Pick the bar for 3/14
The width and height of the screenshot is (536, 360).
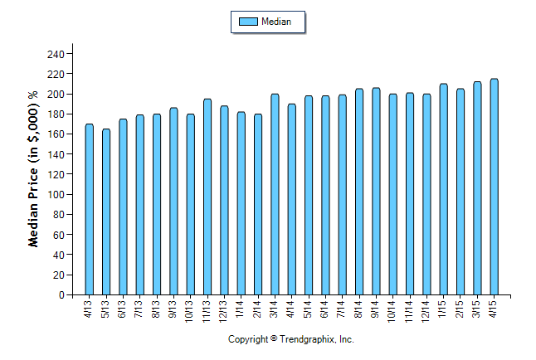[x=275, y=194]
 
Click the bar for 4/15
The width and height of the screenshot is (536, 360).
[x=494, y=187]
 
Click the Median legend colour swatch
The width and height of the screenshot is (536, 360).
[x=247, y=22]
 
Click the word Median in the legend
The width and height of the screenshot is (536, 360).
[x=276, y=22]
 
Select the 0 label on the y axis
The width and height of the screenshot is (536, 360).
[x=61, y=295]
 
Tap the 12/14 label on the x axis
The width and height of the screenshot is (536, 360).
[x=426, y=310]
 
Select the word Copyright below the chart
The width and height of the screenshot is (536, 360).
[x=248, y=340]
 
